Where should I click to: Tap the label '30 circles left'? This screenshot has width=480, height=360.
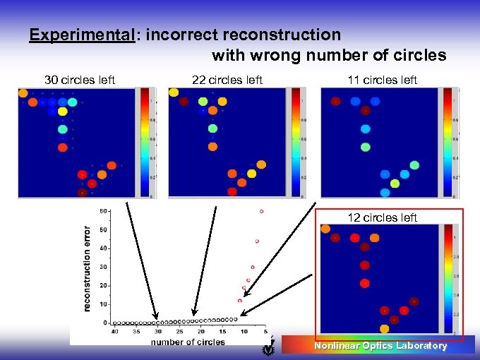click(80, 80)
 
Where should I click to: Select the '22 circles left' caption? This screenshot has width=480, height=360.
click(227, 80)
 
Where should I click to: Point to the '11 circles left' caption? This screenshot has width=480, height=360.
click(382, 80)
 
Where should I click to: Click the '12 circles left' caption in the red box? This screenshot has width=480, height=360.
click(382, 217)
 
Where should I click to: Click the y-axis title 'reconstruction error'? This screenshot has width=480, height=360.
click(88, 268)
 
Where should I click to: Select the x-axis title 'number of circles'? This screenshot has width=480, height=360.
click(187, 342)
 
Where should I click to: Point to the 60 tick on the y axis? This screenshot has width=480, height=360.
click(103, 211)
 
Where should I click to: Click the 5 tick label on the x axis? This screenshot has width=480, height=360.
click(265, 331)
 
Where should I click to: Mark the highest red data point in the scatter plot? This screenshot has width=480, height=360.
click(261, 211)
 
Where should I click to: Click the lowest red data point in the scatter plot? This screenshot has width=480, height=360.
click(240, 301)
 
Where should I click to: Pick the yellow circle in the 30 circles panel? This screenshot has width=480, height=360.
click(63, 111)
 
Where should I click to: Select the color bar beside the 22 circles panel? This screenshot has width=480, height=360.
click(295, 142)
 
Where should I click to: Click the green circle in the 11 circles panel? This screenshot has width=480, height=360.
click(365, 148)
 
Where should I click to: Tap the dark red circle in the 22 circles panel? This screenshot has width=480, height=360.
click(184, 102)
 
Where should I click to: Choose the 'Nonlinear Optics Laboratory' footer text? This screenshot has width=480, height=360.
click(380, 346)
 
